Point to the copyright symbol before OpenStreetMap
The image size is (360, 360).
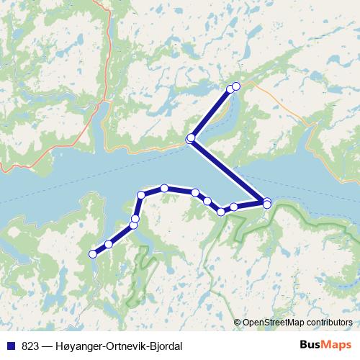(238, 323)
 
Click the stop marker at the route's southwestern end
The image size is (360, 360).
(92, 253)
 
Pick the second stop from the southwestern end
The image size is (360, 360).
(109, 244)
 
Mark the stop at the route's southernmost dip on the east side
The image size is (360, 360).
(222, 212)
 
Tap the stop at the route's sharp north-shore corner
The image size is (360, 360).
(191, 138)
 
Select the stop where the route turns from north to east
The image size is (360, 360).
(141, 194)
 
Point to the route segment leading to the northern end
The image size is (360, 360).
(211, 112)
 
